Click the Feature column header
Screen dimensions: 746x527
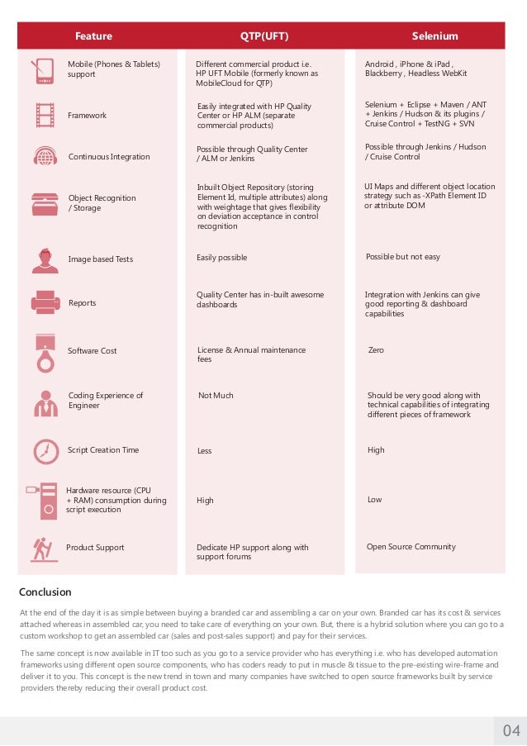93,36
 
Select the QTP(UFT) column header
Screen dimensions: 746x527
264,36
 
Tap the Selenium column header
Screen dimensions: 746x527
434,36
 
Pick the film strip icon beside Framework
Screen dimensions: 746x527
45,115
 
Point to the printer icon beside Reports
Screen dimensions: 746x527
45,302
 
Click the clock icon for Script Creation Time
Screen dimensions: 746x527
45,451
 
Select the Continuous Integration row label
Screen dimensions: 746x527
109,157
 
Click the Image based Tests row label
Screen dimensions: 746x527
100,259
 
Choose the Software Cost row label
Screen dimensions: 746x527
93,351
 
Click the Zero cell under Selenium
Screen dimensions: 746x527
376,350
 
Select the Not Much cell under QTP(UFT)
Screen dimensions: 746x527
216,396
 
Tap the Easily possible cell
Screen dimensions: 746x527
221,258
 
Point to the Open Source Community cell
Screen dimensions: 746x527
411,547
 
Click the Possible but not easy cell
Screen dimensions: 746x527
402,257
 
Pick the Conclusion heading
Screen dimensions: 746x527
45,592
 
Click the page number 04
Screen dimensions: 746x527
511,730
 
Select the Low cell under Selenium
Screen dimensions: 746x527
374,500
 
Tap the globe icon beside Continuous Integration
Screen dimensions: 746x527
45,157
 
